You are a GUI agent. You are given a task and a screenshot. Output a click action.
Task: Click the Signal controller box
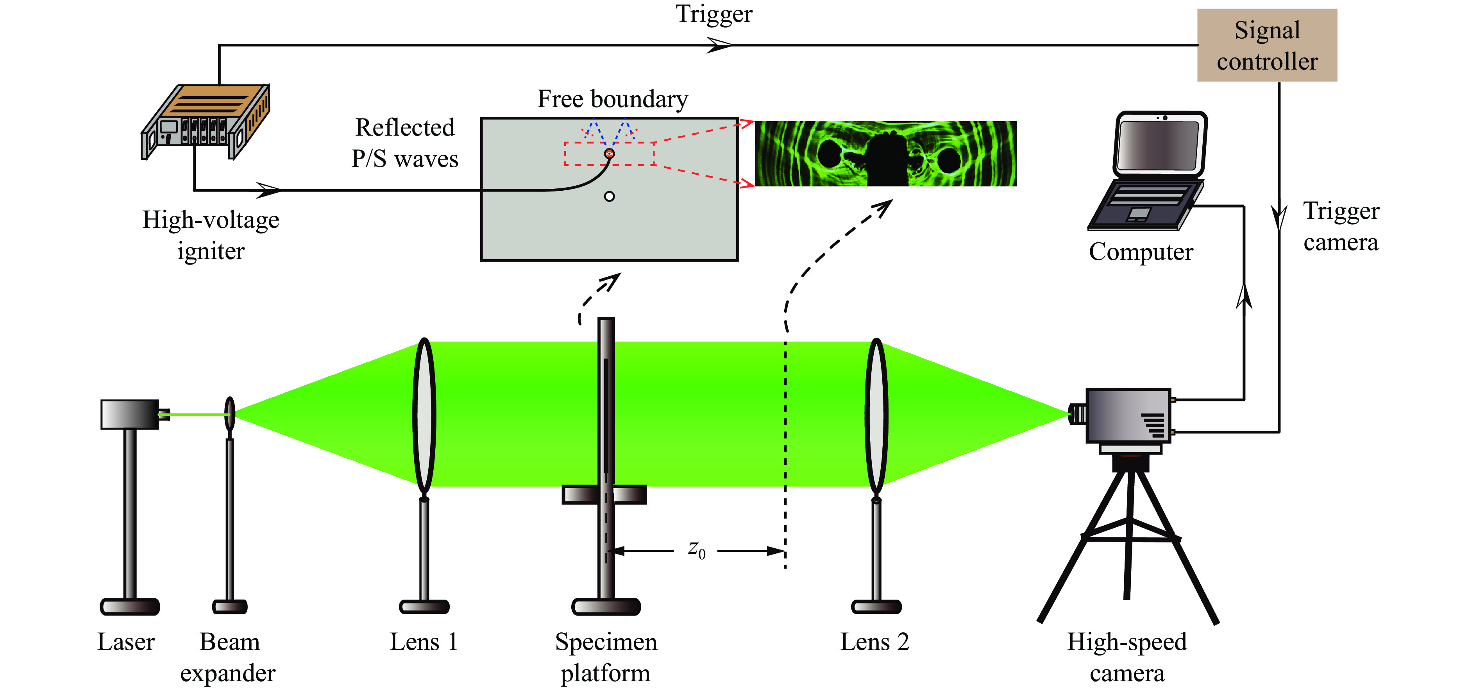pyautogui.click(x=1266, y=45)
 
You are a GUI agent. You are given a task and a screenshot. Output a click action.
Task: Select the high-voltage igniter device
pyautogui.click(x=205, y=121)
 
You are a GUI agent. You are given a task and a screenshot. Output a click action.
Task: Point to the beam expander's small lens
pyautogui.click(x=230, y=413)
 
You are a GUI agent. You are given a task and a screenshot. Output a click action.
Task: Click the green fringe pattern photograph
pyautogui.click(x=885, y=154)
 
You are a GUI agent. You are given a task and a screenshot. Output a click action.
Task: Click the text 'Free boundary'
pyautogui.click(x=612, y=99)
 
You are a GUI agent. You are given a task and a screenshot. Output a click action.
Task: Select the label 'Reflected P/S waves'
pyautogui.click(x=405, y=143)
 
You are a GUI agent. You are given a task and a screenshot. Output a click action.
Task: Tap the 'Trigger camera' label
pyautogui.click(x=1341, y=227)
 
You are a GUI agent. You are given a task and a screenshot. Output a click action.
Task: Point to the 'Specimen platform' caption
pyautogui.click(x=606, y=657)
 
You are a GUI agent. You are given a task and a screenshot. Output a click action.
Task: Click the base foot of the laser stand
pyautogui.click(x=130, y=607)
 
